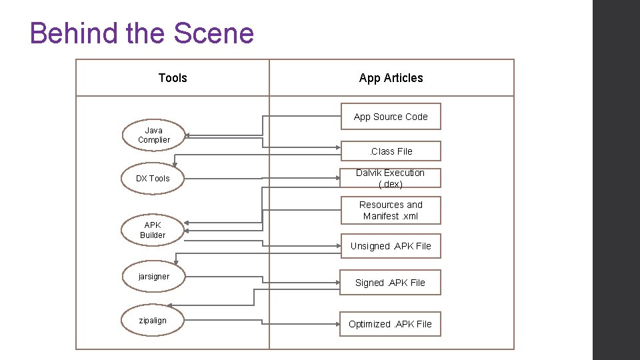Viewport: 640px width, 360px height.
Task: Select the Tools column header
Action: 173,78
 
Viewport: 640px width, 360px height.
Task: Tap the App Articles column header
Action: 391,78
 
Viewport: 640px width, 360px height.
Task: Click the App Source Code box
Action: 391,117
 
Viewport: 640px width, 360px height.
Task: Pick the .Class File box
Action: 391,151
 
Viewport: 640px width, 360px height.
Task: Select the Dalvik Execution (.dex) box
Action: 391,179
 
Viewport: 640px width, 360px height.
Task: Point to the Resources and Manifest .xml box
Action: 391,211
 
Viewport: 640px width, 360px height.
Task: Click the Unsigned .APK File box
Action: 391,246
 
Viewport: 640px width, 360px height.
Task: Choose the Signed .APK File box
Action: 391,283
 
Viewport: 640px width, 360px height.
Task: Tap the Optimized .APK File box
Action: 391,324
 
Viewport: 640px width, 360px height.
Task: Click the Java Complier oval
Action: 154,135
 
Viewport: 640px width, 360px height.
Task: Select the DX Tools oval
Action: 153,179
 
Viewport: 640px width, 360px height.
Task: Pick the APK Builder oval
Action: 153,230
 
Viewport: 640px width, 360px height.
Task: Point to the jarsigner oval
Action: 154,277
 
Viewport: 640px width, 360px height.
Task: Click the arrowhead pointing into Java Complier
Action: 187,135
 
